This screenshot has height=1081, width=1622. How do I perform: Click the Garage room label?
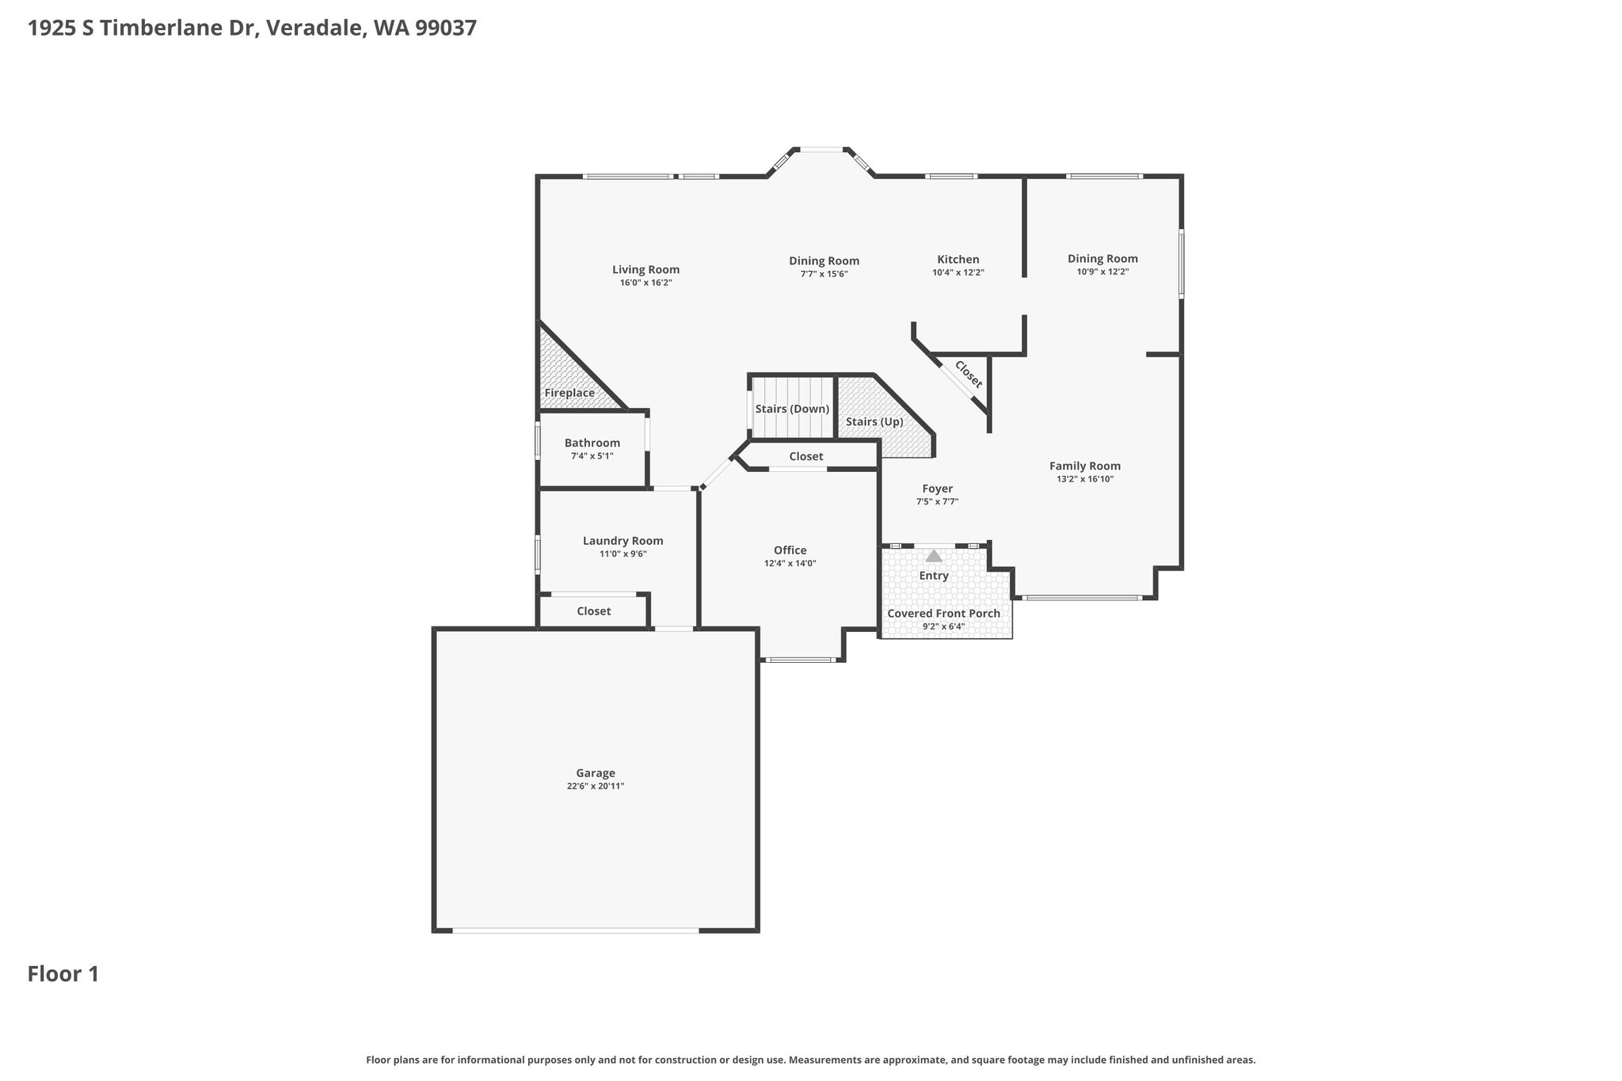[596, 773]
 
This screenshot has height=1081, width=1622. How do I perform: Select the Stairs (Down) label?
[792, 409]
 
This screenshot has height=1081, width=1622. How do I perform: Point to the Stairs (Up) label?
[874, 422]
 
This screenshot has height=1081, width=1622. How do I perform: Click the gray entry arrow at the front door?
[935, 556]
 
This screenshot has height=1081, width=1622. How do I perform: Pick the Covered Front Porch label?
[944, 614]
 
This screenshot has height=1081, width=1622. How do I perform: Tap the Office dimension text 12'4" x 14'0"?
[790, 564]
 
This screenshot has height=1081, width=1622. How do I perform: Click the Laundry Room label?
[623, 541]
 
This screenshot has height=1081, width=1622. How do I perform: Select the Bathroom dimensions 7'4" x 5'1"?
[592, 456]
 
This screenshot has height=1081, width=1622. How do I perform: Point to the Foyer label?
[938, 489]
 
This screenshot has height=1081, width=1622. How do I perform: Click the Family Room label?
[1085, 466]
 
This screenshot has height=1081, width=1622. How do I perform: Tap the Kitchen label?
[958, 259]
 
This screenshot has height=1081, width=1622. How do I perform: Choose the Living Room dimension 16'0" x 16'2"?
[646, 283]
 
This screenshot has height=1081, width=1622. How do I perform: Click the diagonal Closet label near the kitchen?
[969, 375]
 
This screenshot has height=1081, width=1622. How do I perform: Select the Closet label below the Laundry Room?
[594, 611]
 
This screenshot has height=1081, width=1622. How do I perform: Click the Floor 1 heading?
[63, 974]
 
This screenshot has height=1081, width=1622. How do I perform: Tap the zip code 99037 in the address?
[446, 29]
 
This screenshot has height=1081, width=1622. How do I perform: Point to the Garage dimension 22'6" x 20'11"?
[596, 786]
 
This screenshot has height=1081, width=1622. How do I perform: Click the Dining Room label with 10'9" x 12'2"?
[1102, 258]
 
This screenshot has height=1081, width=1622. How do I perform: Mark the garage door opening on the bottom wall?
[576, 931]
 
